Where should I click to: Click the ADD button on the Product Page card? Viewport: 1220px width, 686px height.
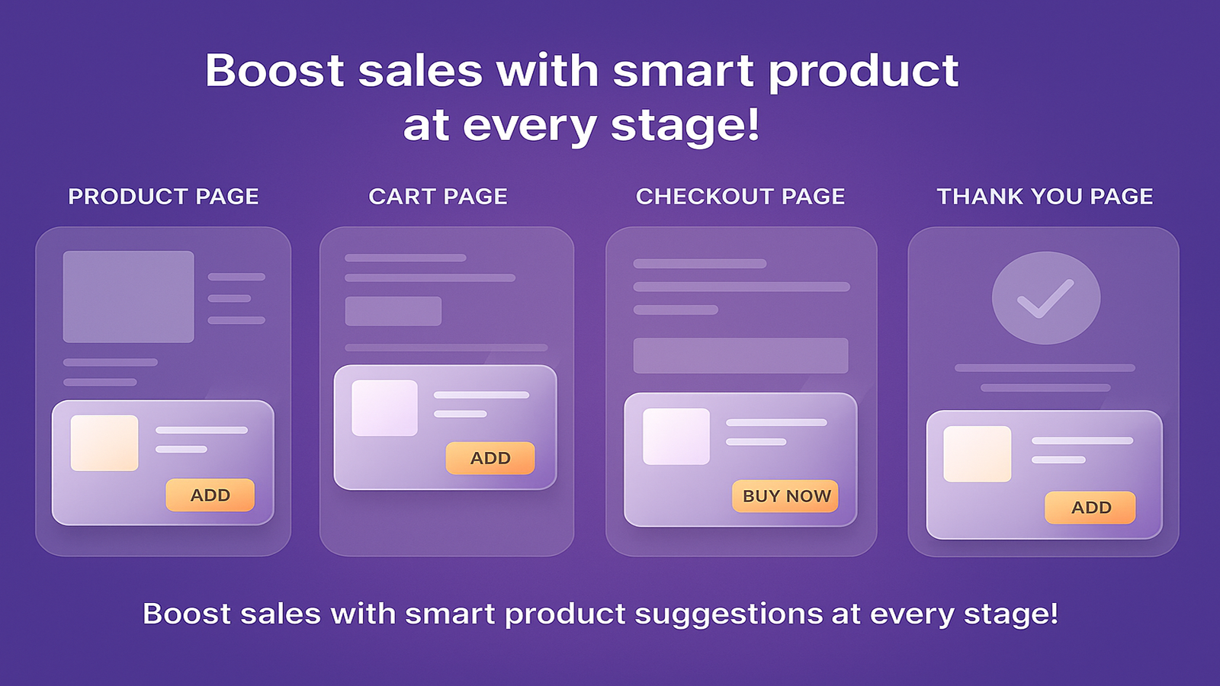[210, 495]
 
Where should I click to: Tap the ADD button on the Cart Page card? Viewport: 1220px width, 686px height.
[490, 458]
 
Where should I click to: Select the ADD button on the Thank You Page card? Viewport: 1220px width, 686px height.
[1090, 508]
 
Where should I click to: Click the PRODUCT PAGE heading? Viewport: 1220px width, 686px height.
[163, 197]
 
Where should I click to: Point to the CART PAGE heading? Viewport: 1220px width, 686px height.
[438, 197]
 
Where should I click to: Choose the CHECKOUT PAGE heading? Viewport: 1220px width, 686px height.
[740, 197]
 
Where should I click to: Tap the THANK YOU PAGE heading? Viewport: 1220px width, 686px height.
[1045, 197]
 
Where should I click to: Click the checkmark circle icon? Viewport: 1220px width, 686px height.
[1046, 298]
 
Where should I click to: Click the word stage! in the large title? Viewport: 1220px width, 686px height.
[685, 126]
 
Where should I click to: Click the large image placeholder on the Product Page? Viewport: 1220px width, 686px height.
[129, 297]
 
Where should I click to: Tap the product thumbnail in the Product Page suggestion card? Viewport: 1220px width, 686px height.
[104, 443]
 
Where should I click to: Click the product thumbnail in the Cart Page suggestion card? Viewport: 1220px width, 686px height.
[384, 408]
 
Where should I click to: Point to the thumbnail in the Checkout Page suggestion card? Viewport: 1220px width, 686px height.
[676, 436]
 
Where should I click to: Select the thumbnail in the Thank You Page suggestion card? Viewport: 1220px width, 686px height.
[977, 454]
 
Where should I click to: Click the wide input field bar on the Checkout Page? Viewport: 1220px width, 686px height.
[740, 355]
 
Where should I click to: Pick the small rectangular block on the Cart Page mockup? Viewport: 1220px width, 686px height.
[393, 311]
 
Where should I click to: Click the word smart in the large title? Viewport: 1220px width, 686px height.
[683, 72]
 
